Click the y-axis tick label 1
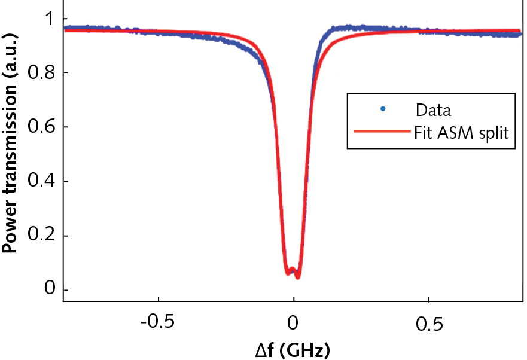(x=50, y=19)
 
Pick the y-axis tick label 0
(x=50, y=290)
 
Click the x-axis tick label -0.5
(x=157, y=324)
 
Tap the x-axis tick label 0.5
(x=429, y=324)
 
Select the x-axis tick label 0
(x=293, y=324)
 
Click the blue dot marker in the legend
(x=382, y=109)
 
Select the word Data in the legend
(x=434, y=110)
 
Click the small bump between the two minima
(x=292, y=269)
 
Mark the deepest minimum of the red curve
(x=297, y=276)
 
